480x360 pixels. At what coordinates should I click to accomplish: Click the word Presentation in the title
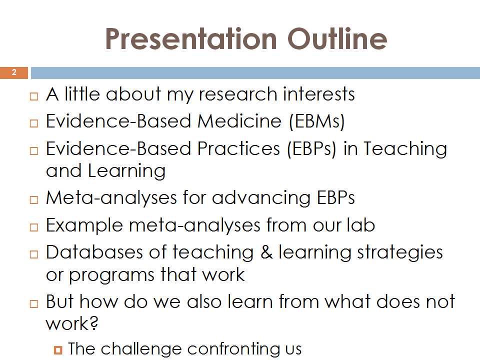pos(191,39)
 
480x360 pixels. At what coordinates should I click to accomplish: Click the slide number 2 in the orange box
pos(14,72)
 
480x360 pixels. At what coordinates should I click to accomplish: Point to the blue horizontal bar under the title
pos(255,73)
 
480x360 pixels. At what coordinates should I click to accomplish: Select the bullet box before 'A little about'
pos(34,96)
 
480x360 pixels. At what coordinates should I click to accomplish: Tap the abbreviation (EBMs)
pos(317,121)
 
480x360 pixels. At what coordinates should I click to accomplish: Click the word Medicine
pos(239,121)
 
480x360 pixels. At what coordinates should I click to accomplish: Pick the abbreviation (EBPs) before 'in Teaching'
pos(311,149)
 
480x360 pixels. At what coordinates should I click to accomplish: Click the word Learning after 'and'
pos(126,171)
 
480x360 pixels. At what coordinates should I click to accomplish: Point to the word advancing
pos(261,198)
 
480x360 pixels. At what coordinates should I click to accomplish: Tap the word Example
pos(84,225)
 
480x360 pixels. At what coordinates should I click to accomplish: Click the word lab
pos(360,225)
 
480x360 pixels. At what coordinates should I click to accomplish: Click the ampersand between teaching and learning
pos(266,252)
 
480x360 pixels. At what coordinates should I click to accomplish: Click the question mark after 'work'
pos(93,322)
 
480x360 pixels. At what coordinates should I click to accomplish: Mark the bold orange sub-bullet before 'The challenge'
pos(58,349)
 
